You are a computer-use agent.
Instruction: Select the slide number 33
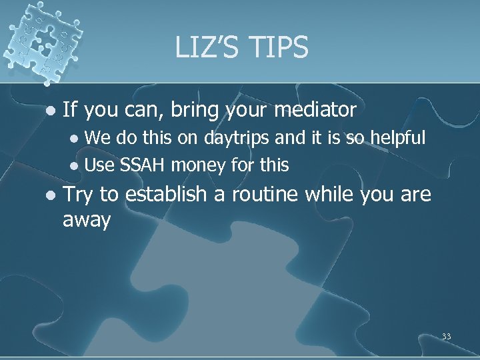(x=446, y=337)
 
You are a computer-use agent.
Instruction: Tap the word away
(x=87, y=220)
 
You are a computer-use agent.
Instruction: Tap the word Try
(x=78, y=195)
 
